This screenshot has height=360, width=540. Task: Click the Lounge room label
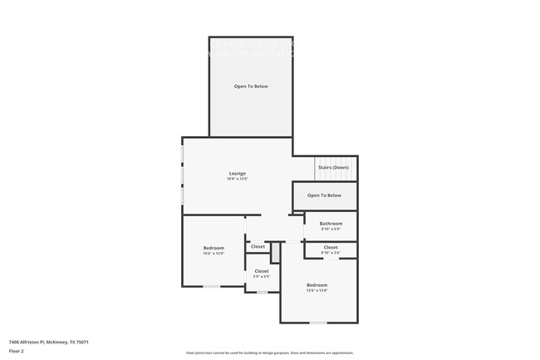coord(237,173)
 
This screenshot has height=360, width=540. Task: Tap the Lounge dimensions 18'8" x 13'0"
coord(237,179)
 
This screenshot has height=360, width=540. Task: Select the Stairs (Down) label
coord(333,168)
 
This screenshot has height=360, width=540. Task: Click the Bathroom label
coord(331,223)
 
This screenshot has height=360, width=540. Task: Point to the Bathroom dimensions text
coord(331,229)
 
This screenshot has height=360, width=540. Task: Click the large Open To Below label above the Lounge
coord(250,86)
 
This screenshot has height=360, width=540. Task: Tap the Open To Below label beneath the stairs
coord(324,195)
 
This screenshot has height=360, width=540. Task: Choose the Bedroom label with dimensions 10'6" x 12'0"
coord(214,248)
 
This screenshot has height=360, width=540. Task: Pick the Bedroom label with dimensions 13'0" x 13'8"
coord(317,284)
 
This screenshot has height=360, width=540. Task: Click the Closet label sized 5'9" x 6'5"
coord(261,271)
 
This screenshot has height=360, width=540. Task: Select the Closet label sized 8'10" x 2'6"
coord(331,247)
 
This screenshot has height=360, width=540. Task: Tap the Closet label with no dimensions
coord(258,246)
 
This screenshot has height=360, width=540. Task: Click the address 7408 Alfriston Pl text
coord(48,342)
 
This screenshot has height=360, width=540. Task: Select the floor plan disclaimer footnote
coord(269,352)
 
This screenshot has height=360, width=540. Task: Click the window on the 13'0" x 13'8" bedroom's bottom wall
coord(318,322)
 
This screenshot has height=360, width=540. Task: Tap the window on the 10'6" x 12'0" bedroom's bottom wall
coord(213,287)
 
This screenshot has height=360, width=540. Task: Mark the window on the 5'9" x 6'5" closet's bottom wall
coord(262,292)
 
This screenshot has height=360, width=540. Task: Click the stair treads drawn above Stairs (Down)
coord(333,160)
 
